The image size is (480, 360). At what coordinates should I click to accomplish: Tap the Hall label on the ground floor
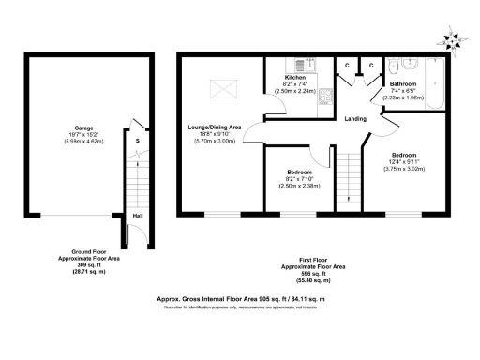(x=138, y=216)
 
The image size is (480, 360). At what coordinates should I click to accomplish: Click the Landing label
(x=355, y=119)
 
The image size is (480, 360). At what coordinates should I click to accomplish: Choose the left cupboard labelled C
(x=348, y=65)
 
